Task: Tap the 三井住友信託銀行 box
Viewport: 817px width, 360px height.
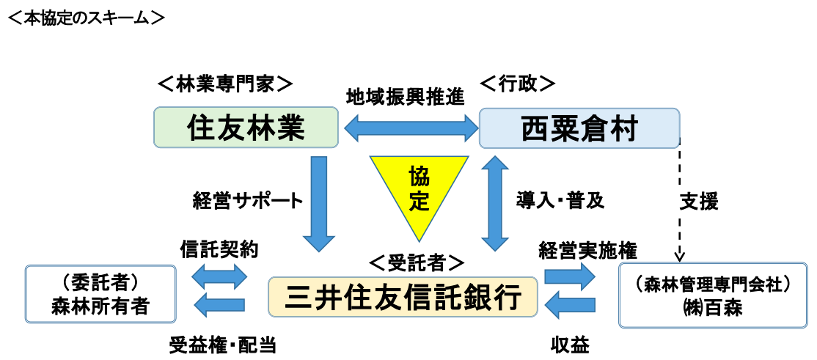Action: (403, 297)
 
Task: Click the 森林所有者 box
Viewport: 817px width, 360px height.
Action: (100, 294)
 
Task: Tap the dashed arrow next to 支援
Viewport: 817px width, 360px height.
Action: (680, 198)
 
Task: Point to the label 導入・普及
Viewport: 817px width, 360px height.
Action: (560, 201)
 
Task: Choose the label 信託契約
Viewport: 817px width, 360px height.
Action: (219, 249)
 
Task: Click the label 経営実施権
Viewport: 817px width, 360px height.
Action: (587, 249)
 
